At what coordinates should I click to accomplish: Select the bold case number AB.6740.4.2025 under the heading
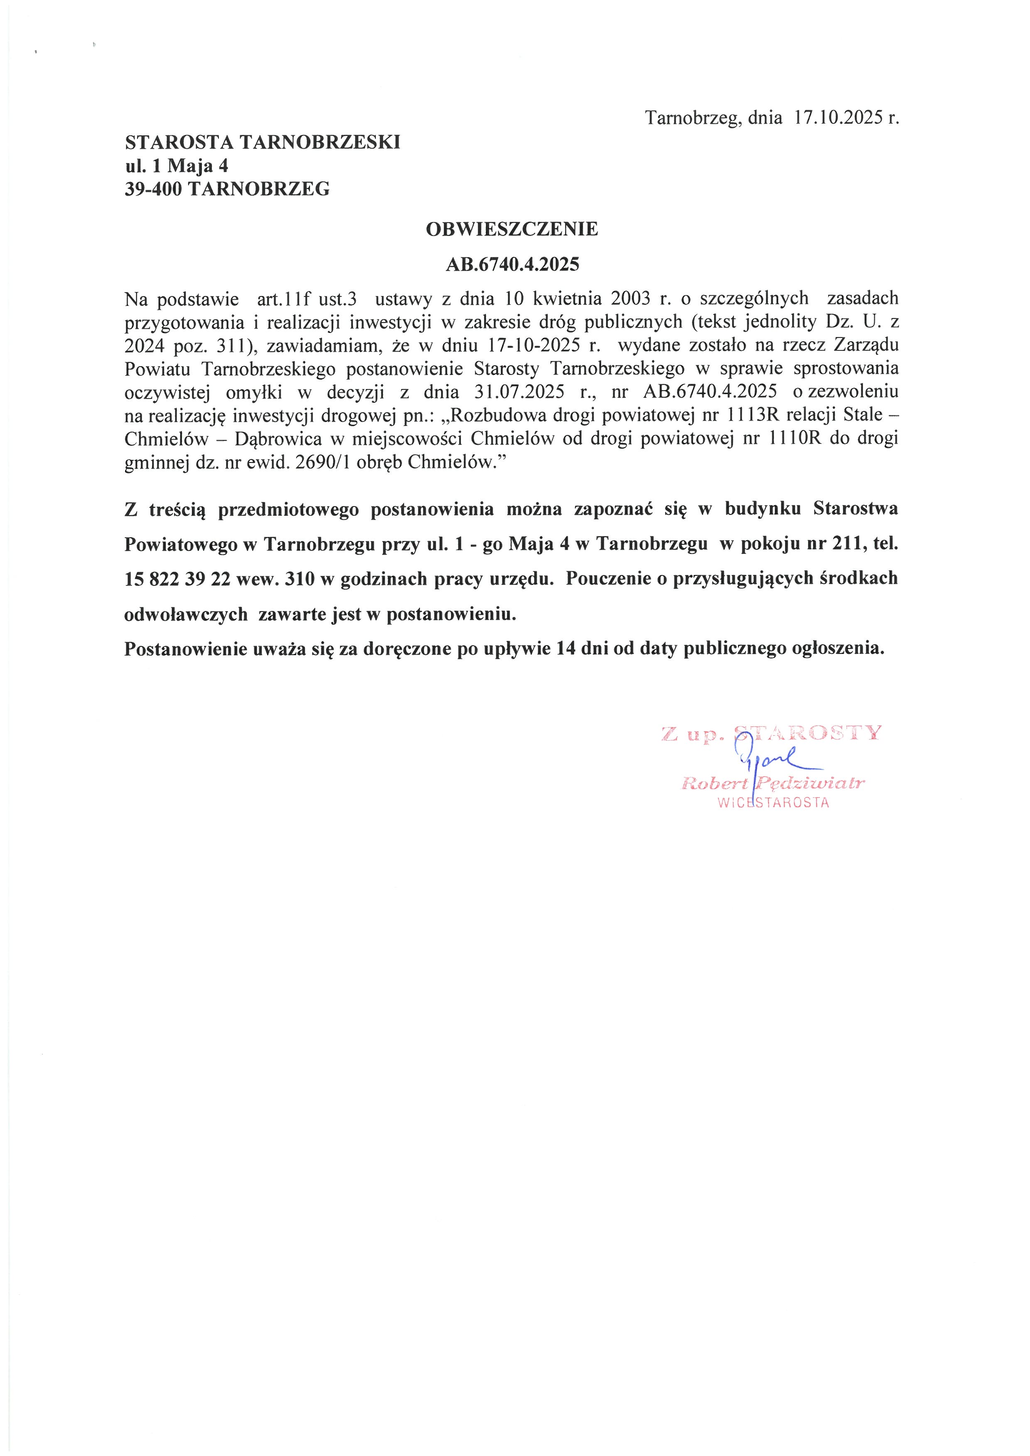pyautogui.click(x=513, y=264)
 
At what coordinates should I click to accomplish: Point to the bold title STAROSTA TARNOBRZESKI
pyautogui.click(x=262, y=142)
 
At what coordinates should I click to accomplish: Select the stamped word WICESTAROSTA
pyautogui.click(x=773, y=803)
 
